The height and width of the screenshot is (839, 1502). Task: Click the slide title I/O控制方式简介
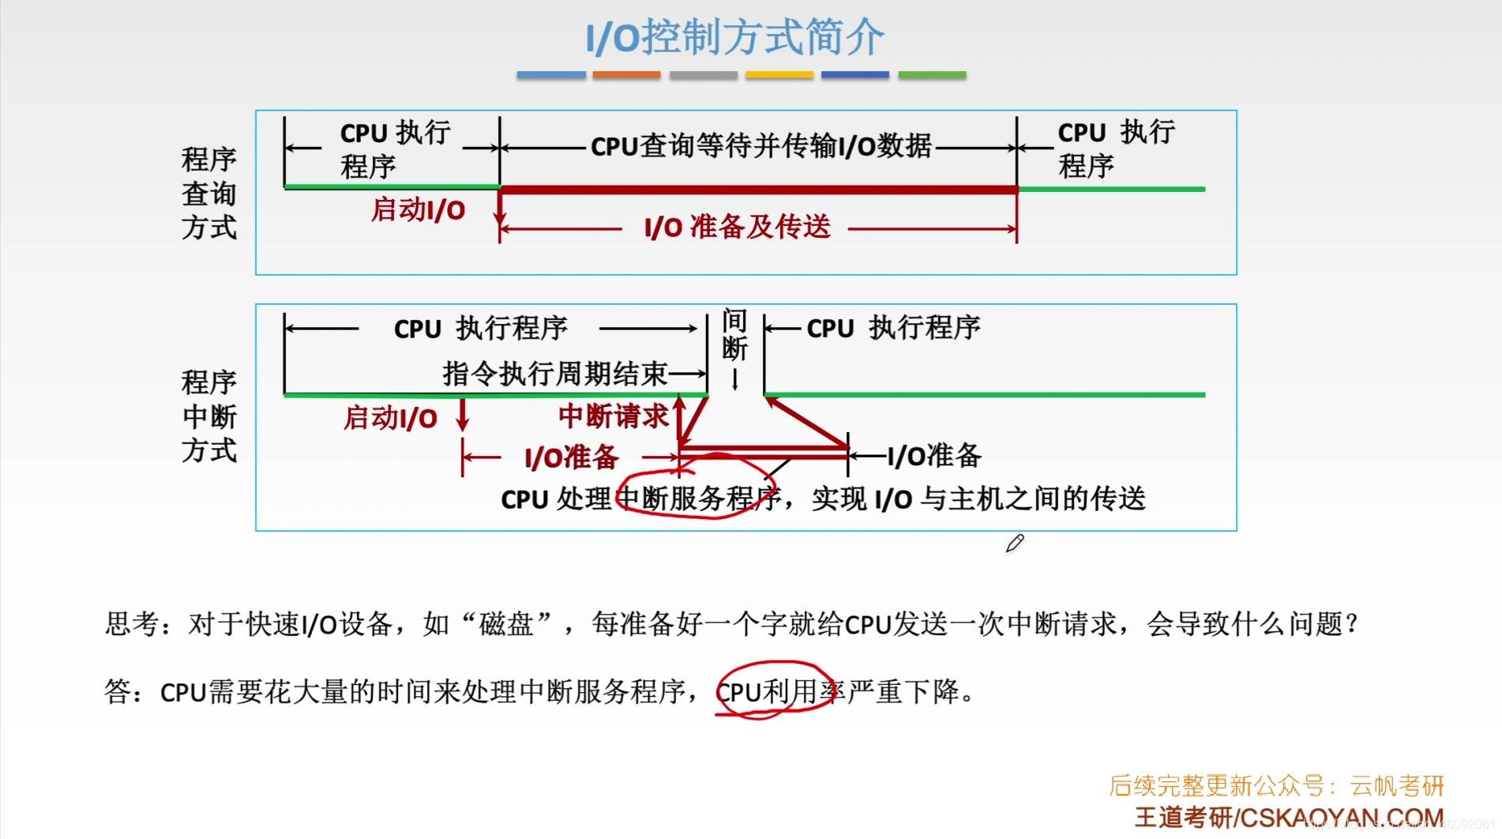click(734, 37)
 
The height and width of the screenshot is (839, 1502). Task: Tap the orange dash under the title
click(626, 75)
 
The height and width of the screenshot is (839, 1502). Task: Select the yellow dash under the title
click(779, 75)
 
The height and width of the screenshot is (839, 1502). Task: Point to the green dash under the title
click(932, 75)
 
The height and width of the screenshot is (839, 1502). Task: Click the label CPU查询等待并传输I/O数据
click(760, 146)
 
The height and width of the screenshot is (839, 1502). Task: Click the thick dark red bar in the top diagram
click(758, 190)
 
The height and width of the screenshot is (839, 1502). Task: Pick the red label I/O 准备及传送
click(738, 228)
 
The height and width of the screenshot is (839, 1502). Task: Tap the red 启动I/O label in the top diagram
click(418, 210)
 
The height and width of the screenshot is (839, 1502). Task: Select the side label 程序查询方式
click(209, 194)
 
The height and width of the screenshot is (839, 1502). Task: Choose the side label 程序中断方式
click(209, 416)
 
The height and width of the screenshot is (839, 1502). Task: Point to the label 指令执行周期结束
click(555, 374)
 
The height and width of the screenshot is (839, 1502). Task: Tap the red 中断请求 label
click(613, 416)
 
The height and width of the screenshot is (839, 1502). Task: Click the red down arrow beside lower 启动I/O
click(463, 416)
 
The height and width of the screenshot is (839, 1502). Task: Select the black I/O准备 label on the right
click(934, 456)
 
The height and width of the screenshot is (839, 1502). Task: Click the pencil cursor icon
click(1015, 544)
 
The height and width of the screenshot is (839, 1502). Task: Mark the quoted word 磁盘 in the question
click(506, 624)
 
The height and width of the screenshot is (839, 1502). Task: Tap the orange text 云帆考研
click(1397, 786)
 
